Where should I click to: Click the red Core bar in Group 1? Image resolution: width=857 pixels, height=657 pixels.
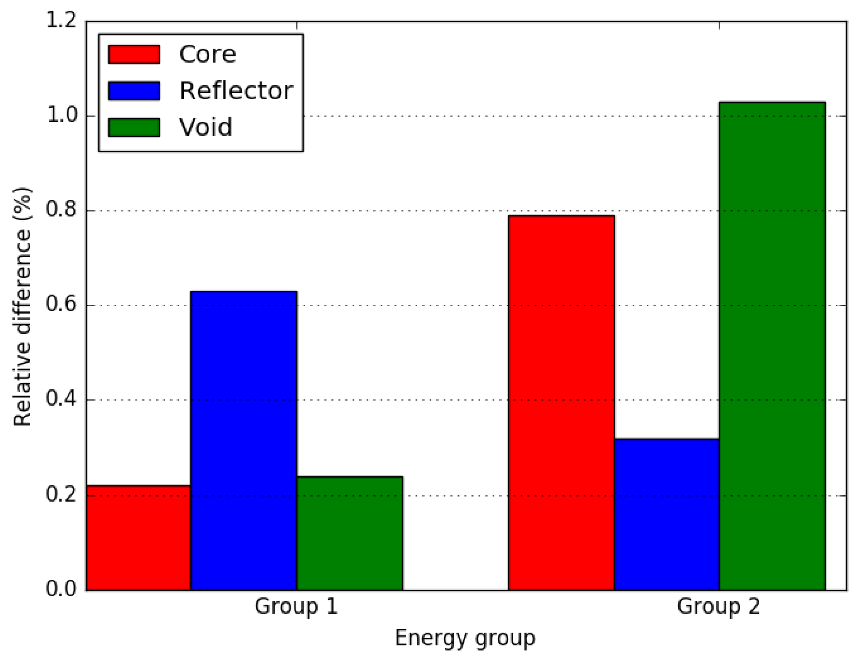(138, 538)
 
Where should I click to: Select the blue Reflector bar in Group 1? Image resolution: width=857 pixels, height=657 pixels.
(244, 441)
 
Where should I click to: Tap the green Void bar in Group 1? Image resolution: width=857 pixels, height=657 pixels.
(350, 533)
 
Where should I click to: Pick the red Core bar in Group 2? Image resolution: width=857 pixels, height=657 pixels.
(561, 403)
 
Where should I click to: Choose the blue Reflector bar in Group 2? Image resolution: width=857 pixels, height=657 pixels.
(667, 515)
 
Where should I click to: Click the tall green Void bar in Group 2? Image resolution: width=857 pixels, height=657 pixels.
(772, 346)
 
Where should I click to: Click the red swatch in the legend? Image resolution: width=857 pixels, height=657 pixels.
(134, 54)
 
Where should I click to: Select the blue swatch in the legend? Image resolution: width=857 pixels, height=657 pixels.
(134, 91)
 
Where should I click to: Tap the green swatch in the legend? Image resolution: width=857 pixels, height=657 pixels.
(134, 127)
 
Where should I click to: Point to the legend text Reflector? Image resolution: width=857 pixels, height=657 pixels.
(236, 91)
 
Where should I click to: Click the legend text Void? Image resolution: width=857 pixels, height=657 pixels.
(205, 127)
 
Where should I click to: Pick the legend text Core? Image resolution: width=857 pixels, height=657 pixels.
(208, 54)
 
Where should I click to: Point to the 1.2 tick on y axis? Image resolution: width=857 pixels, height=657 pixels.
(61, 20)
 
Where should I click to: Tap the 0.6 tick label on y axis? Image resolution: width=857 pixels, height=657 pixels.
(61, 305)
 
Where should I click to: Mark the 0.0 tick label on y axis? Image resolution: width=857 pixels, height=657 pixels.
(61, 589)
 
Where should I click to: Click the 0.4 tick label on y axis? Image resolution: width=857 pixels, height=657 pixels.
(61, 399)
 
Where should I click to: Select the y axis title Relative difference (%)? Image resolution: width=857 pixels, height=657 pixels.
(22, 307)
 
